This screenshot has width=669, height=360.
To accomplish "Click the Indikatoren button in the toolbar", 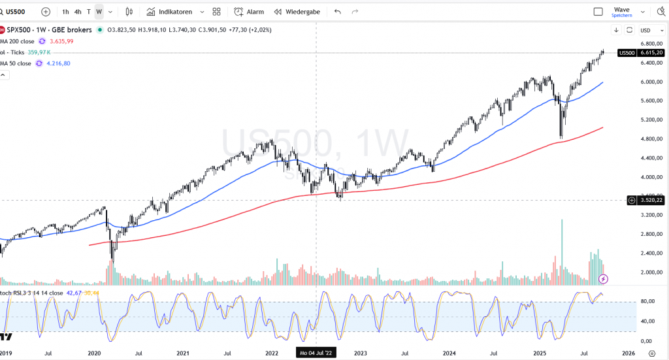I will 174,12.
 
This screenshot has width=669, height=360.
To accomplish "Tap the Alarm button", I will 249,12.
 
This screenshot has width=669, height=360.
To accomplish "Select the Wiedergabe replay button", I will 297,12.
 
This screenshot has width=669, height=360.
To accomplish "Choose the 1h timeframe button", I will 65,12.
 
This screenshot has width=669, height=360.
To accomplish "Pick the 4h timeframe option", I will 78,12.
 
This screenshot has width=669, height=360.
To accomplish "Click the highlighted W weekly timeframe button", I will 99,12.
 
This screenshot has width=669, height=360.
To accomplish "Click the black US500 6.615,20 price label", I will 640,52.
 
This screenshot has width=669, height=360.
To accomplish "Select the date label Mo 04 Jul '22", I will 317,353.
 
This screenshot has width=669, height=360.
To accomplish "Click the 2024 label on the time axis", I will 449,353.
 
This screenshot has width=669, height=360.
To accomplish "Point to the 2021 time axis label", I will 182,353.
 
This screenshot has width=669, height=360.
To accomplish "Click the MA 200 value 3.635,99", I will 61,41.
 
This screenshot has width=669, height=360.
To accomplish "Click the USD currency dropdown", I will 647,30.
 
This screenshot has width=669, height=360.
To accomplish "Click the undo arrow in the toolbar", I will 337,12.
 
